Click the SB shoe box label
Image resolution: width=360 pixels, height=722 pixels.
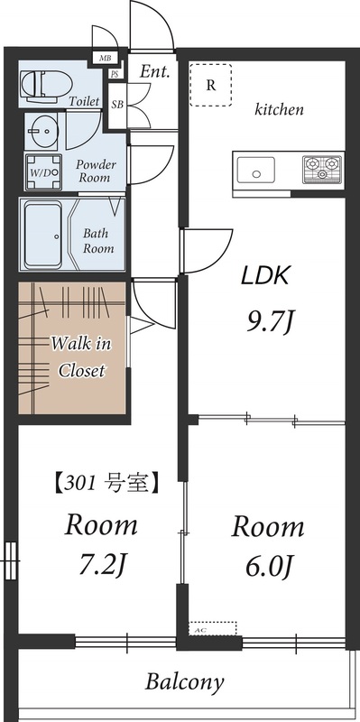pos(117,105)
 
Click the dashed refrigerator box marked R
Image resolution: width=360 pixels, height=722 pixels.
pos(211,86)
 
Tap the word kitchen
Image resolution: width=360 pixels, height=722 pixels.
pos(279,110)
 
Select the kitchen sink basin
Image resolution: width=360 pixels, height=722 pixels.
pos(255,169)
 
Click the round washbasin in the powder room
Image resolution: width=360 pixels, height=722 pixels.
pos(41,133)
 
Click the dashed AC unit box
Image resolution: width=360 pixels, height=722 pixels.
pos(213,627)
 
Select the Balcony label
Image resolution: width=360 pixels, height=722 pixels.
pos(185,682)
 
